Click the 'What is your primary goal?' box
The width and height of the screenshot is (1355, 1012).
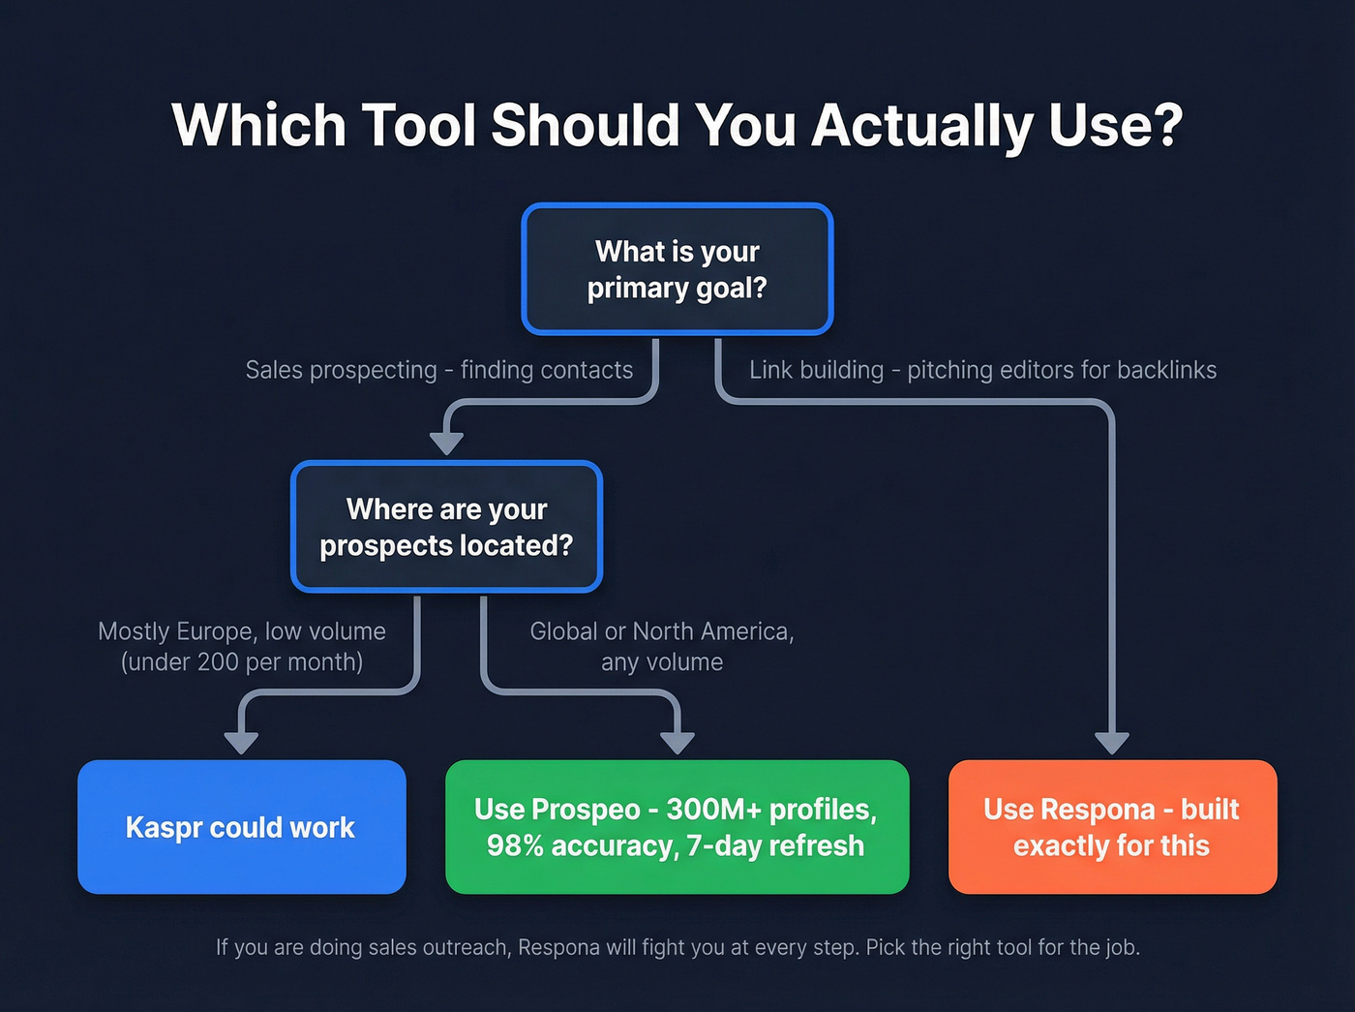tap(677, 269)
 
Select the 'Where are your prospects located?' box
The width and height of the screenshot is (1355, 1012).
tap(446, 527)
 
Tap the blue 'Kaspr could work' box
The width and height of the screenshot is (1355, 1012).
tap(241, 827)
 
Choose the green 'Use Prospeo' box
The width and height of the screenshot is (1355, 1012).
tap(677, 827)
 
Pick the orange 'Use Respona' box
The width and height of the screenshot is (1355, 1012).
tap(1112, 827)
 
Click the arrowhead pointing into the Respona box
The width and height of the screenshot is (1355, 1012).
tap(1112, 743)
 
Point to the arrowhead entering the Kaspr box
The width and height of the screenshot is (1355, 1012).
tap(241, 743)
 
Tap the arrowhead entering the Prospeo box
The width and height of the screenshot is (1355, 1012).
tap(677, 743)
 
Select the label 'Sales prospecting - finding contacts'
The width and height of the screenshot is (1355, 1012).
tap(438, 370)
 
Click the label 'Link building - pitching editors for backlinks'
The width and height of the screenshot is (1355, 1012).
tap(982, 370)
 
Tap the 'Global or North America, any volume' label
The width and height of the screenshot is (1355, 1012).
tap(662, 646)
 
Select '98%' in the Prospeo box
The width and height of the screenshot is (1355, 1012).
tap(515, 845)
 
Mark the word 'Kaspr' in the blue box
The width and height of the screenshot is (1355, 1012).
tap(164, 828)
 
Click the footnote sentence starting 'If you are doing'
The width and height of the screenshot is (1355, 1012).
tap(677, 947)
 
